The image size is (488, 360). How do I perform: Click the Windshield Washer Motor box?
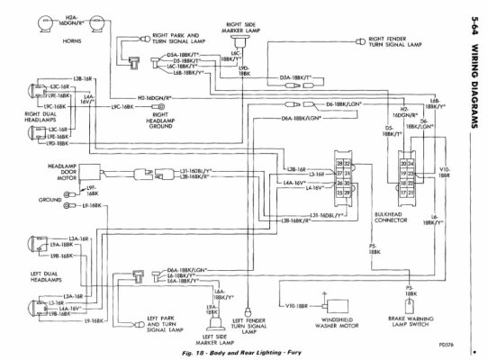[337, 309]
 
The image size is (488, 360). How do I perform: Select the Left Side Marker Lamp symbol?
[213, 310]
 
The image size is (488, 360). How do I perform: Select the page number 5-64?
[474, 24]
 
